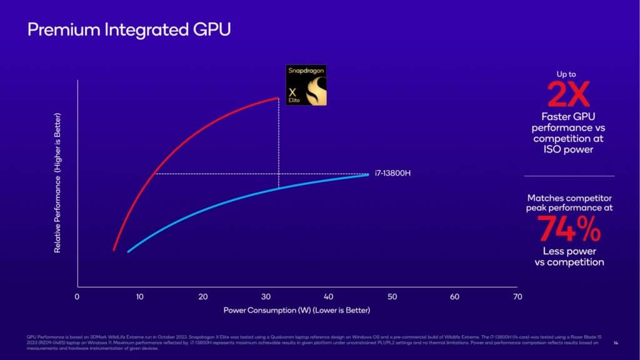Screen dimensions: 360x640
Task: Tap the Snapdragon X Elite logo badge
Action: [306, 84]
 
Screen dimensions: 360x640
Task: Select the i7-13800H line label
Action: [392, 173]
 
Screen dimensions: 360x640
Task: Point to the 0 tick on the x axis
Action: [77, 297]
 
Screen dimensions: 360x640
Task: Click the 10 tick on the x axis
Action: [139, 297]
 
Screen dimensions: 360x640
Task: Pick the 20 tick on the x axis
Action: [202, 297]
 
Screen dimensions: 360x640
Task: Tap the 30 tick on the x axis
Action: [266, 297]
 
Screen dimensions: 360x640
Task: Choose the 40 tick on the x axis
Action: [329, 297]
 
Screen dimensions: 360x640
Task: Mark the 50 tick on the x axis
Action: [392, 297]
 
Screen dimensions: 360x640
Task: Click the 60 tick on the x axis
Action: [454, 297]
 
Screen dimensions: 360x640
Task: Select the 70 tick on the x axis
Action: [517, 297]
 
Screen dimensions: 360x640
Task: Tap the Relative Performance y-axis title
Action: [57, 182]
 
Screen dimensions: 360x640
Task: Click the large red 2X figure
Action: [568, 95]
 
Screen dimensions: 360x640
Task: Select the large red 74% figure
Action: [569, 229]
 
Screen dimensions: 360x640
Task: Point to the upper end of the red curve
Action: [277, 98]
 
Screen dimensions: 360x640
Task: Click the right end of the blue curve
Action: [367, 174]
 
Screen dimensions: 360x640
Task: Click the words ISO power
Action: [569, 150]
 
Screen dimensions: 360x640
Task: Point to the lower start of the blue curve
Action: [128, 251]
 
